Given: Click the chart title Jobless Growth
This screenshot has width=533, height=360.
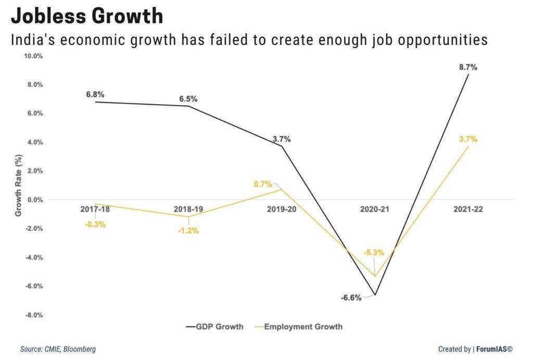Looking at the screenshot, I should (87, 17).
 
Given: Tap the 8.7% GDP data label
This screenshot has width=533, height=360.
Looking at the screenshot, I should (468, 68).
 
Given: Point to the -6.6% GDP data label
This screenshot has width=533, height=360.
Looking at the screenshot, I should (351, 298).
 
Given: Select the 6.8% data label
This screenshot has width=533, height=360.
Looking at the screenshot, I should (95, 95).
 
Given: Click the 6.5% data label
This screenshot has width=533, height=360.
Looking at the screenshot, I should (188, 98).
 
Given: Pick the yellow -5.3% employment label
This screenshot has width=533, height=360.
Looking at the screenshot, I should (374, 253).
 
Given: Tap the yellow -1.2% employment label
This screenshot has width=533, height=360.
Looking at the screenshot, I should (188, 231).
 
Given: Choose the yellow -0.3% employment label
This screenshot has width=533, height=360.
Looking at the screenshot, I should (95, 225).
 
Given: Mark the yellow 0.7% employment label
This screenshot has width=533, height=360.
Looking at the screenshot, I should (263, 184).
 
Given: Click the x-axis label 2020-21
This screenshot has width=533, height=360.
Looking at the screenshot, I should (375, 209).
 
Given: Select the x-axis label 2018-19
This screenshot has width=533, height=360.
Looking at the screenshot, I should (188, 209).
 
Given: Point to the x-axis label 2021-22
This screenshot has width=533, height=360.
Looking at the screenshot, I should (467, 209).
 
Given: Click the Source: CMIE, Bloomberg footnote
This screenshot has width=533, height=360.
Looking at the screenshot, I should (58, 349).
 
